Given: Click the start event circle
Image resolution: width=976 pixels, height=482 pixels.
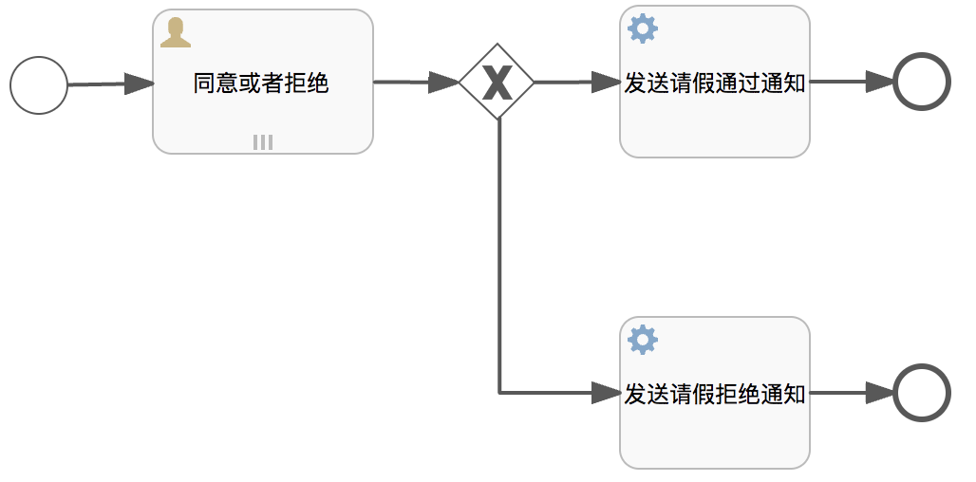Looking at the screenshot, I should pos(39,85).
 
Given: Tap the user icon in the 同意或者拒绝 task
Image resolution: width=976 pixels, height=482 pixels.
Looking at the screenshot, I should pos(176,32).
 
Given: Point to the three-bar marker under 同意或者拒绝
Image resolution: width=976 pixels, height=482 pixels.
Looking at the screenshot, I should pos(263,141).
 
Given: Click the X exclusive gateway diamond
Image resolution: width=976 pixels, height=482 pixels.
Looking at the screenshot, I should pos(497,83).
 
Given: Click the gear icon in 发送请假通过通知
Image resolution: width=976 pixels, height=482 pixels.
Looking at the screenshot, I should pos(643,29).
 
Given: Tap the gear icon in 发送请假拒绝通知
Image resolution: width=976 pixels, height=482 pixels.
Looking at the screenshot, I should pos(643,339).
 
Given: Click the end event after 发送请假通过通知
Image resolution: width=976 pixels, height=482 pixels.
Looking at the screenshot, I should pos(921,83).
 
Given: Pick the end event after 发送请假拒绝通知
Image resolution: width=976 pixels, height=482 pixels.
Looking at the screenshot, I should pos(921,392).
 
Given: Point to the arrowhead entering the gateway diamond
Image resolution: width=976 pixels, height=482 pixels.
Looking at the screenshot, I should pos(444,83).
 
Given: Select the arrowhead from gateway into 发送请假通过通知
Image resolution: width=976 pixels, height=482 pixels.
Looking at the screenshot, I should pos(606,83).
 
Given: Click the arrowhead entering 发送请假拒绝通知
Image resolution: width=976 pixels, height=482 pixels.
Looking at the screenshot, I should pos(606,392).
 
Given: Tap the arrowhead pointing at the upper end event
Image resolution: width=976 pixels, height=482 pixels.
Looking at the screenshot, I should pos(879,83).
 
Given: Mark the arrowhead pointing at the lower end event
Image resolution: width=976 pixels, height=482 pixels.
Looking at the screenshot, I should pos(879,392).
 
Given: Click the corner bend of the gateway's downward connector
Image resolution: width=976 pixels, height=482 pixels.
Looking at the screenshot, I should pos(499,392).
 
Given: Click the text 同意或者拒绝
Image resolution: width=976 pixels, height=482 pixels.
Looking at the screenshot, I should pos(261,83).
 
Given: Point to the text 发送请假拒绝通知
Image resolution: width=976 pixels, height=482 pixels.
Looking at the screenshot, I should pos(714,394).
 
